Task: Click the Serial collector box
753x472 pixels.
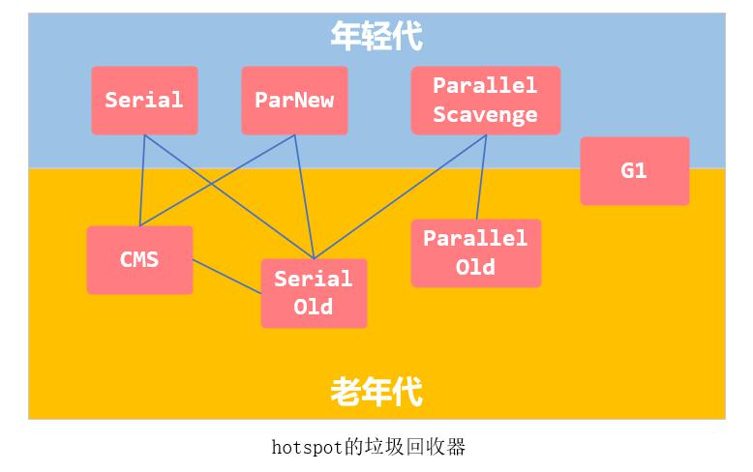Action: [x=144, y=101]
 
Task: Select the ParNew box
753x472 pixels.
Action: [x=294, y=101]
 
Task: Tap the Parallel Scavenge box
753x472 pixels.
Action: [x=486, y=101]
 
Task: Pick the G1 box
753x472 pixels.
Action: [x=635, y=171]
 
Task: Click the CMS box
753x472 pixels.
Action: [x=139, y=260]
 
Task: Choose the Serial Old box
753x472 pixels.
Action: [x=314, y=293]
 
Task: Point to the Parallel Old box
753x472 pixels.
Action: [x=476, y=252]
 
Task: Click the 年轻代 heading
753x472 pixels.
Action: [x=376, y=36]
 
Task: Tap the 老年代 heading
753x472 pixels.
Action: [x=376, y=392]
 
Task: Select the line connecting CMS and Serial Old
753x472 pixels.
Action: [x=226, y=277]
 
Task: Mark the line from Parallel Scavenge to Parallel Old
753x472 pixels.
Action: [x=481, y=177]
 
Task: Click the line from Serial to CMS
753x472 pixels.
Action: [x=142, y=180]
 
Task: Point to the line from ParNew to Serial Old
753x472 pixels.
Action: [x=304, y=197]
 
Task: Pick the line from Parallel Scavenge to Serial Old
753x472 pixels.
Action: [x=400, y=197]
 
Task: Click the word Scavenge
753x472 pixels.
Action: [x=485, y=115]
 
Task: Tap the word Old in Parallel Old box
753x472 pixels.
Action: [x=475, y=267]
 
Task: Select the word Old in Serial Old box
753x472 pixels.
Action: [x=314, y=307]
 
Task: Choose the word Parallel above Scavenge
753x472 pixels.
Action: [x=485, y=85]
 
